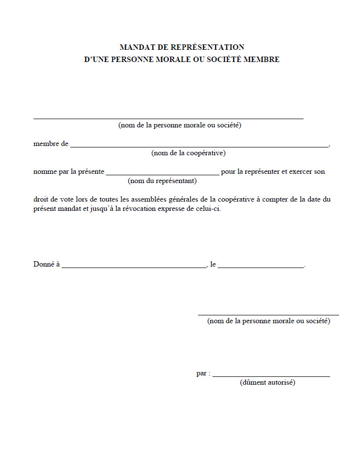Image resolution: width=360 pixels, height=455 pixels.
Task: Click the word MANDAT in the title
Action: (x=134, y=47)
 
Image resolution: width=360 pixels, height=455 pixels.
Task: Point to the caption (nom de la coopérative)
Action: (x=188, y=153)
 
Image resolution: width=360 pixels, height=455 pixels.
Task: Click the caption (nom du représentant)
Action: (x=162, y=181)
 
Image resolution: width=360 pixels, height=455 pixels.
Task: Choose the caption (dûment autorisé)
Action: (x=267, y=383)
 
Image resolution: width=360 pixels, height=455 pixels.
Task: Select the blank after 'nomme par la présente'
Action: (x=162, y=174)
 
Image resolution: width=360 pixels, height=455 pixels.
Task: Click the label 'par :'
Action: (x=203, y=373)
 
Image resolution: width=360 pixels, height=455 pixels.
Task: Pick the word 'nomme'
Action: (x=43, y=172)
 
